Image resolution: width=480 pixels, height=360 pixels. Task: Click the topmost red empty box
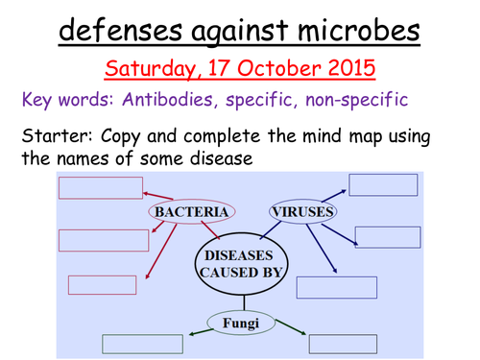coord(101,187)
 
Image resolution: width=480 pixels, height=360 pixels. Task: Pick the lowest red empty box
coord(102,284)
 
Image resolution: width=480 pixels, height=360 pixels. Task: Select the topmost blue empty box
coord(383,184)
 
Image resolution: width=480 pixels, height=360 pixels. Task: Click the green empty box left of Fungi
coord(142,343)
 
